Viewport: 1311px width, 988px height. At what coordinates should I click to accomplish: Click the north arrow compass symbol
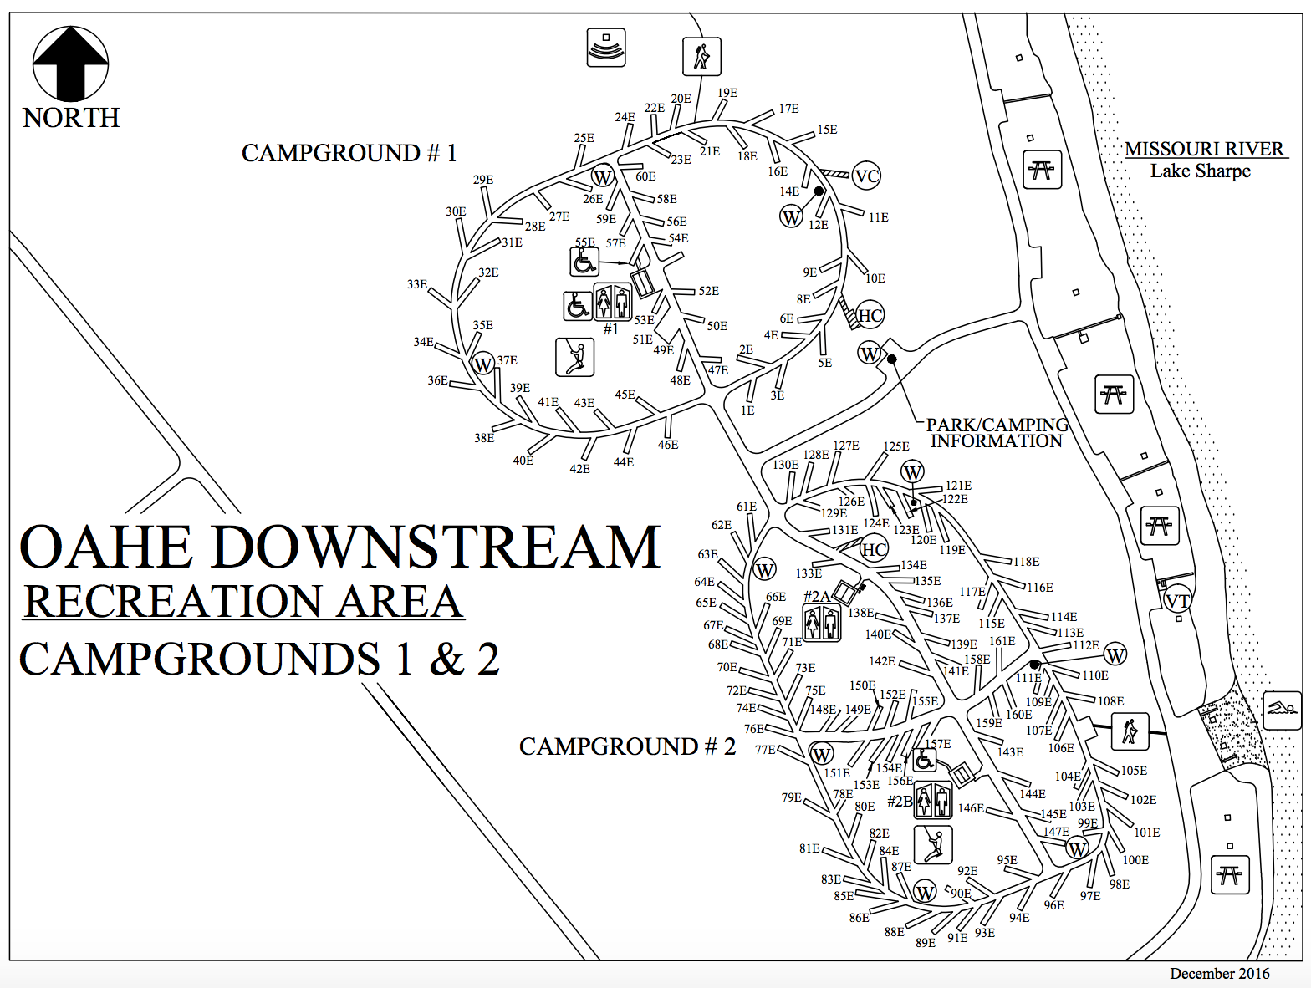[71, 64]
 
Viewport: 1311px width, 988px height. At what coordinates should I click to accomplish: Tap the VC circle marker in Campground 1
[867, 176]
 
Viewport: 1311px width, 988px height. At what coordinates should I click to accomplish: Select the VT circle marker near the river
[1178, 601]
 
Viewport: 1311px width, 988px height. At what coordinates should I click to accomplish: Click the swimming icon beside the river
[1282, 710]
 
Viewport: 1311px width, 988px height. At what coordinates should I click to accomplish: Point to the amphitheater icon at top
[606, 47]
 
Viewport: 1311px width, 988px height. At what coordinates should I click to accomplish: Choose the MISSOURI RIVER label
[1204, 150]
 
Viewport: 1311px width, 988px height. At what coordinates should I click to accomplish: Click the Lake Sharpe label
[1200, 171]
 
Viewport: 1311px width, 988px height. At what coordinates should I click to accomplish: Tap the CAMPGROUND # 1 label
[349, 154]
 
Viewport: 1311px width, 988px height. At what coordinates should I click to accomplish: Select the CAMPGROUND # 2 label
[627, 746]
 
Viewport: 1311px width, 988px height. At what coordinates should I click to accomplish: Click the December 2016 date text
[1219, 974]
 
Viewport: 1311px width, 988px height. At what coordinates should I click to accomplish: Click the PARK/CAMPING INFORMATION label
[997, 433]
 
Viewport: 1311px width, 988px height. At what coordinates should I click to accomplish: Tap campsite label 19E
[727, 93]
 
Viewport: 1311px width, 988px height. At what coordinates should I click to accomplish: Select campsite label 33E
[416, 284]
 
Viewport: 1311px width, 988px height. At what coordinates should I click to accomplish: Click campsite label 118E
[1027, 562]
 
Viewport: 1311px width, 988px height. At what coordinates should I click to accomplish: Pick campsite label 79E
[792, 797]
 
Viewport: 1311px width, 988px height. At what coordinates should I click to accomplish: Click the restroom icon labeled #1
[612, 301]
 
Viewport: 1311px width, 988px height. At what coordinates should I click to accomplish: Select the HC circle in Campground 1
[870, 316]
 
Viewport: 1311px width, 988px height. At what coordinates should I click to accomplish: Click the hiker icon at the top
[701, 57]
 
